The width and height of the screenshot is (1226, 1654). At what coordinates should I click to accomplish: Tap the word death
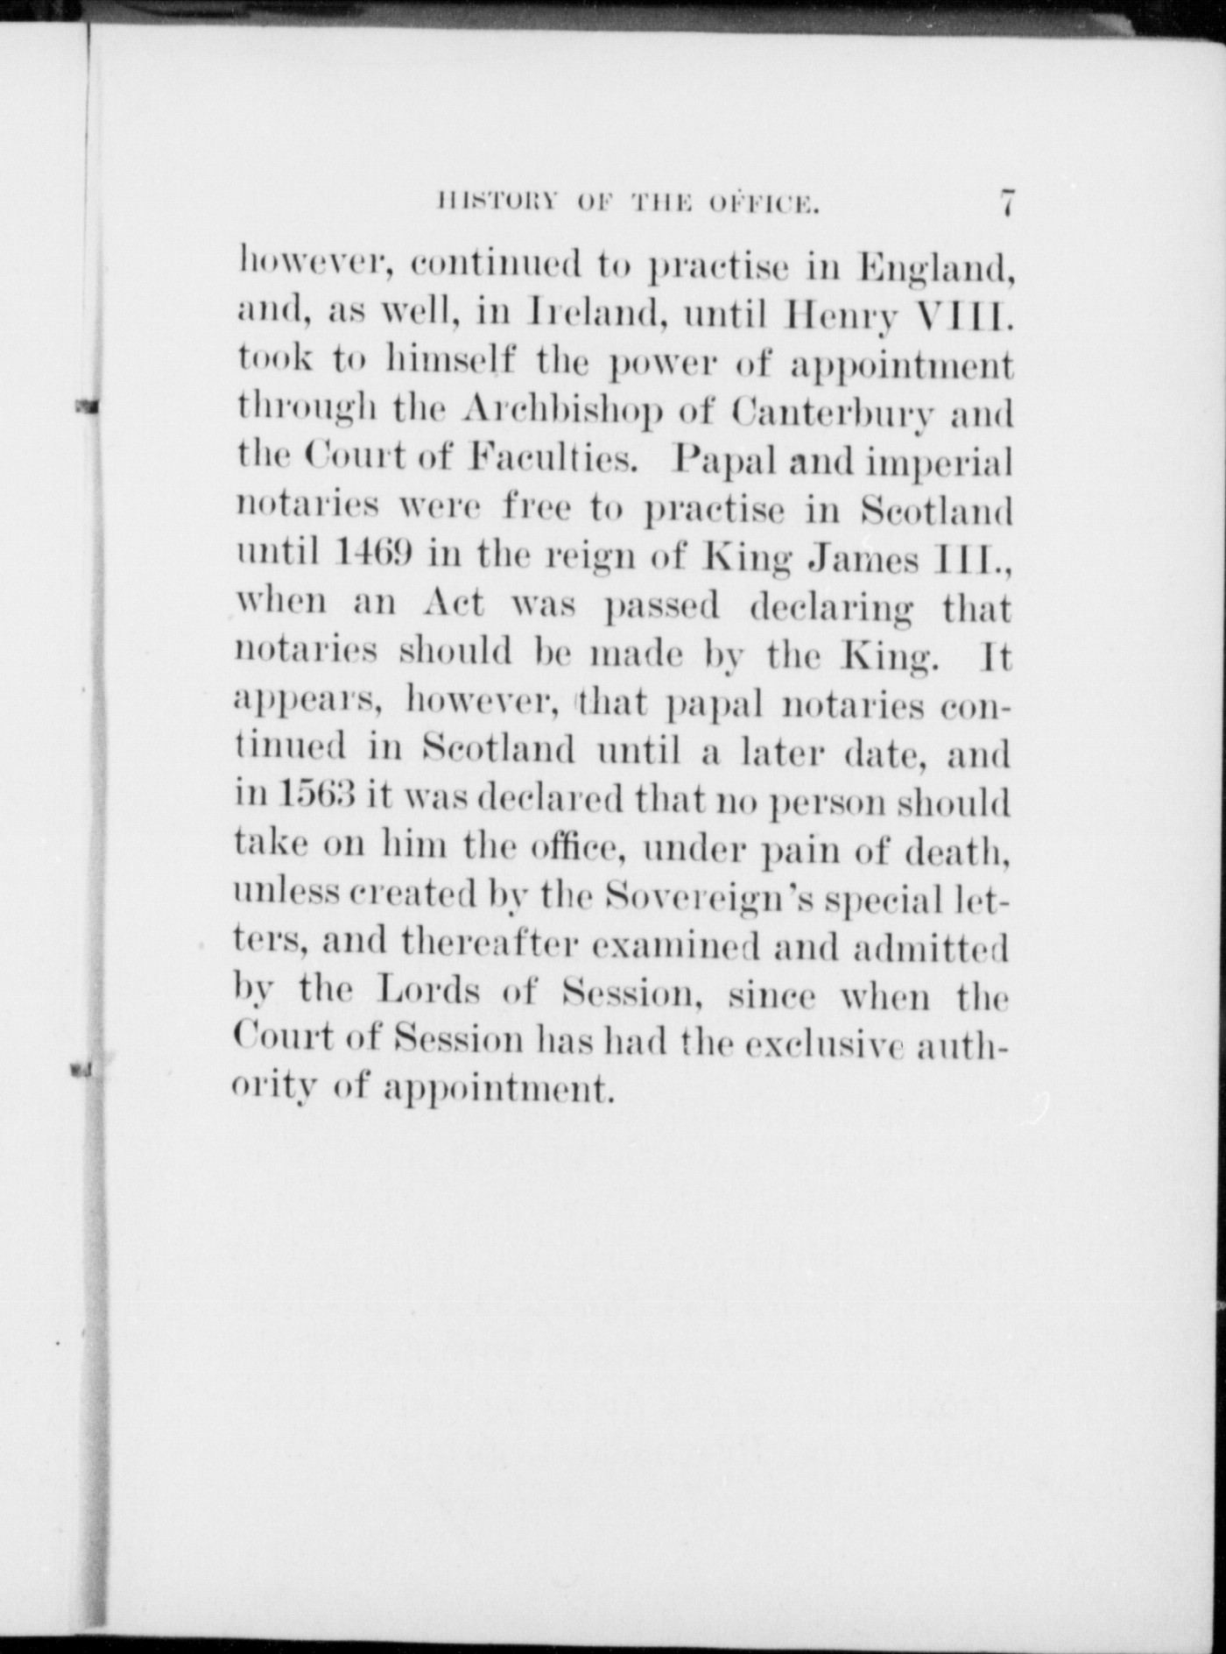coord(959,849)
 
